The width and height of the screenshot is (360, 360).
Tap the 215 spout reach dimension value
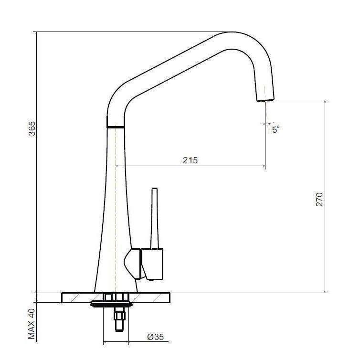[x=190, y=160]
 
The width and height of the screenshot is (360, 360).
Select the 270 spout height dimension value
[x=319, y=199]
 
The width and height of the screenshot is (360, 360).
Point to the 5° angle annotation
[x=275, y=129]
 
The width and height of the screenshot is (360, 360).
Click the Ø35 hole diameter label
[x=155, y=337]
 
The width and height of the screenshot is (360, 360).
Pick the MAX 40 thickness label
[x=32, y=323]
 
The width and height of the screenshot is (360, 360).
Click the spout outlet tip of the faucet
[x=265, y=98]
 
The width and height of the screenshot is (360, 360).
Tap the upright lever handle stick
[x=154, y=218]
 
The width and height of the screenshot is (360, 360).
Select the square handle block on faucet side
[x=151, y=264]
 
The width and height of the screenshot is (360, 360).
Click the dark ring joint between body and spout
[x=116, y=127]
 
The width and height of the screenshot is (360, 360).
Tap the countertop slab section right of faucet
[x=153, y=297]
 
